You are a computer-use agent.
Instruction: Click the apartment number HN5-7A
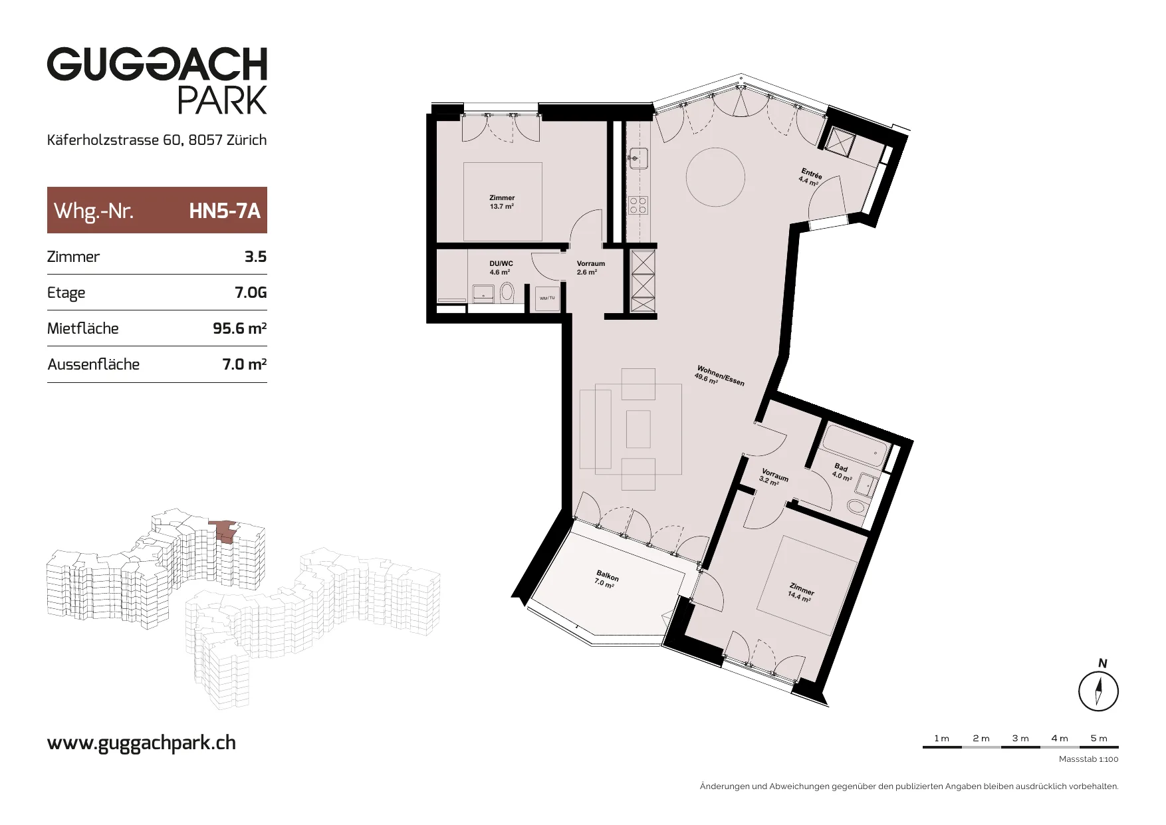click(x=225, y=211)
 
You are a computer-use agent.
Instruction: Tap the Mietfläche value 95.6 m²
click(x=239, y=328)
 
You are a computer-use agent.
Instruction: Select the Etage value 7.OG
click(x=251, y=293)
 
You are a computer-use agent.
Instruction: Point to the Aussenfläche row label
click(x=94, y=364)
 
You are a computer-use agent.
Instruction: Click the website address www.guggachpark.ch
click(x=142, y=743)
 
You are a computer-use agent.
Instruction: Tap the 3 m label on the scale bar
click(x=1020, y=738)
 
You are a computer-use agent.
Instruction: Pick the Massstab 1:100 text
click(x=1089, y=759)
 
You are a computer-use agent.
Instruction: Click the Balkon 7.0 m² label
click(x=606, y=579)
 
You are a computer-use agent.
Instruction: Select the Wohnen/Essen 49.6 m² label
click(x=719, y=376)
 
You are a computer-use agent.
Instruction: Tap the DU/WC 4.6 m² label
click(x=501, y=268)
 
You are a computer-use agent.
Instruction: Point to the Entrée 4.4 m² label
click(x=810, y=177)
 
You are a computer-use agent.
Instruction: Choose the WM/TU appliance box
click(x=547, y=298)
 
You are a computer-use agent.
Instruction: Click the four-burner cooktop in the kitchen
click(x=638, y=205)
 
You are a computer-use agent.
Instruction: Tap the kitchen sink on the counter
click(x=638, y=158)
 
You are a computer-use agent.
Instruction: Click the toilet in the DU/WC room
click(x=507, y=291)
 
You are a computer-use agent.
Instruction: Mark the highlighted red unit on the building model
click(x=224, y=531)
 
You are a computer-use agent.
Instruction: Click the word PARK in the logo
click(x=222, y=100)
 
